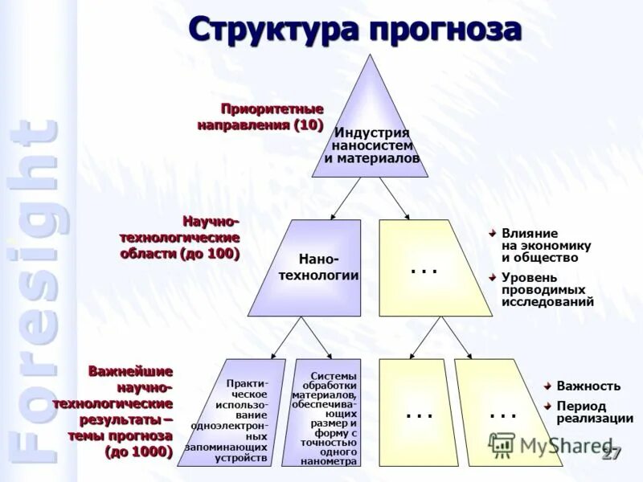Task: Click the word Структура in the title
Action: [273, 30]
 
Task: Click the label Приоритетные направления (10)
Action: [261, 116]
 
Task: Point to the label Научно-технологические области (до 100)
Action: [180, 237]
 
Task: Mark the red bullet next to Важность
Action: [547, 385]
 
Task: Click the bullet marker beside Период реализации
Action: [547, 406]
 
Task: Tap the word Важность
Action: [588, 385]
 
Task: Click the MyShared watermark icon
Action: [502, 444]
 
